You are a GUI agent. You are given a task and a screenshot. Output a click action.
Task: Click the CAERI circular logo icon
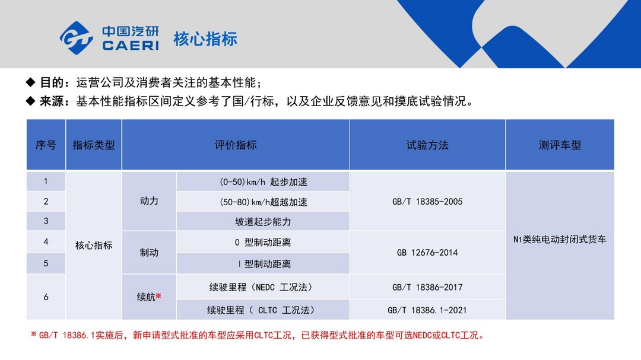tap(76, 38)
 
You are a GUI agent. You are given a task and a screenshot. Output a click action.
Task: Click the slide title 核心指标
tap(205, 39)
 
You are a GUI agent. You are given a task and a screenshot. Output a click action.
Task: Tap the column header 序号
tap(46, 145)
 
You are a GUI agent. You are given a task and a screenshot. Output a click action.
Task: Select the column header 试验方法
tap(427, 145)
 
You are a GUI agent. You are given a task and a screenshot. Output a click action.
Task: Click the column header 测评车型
tap(560, 145)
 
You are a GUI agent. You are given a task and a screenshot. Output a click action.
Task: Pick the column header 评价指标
tap(236, 145)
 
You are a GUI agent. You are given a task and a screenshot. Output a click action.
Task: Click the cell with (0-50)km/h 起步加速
tap(264, 182)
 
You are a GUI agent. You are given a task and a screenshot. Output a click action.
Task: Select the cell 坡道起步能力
tap(263, 221)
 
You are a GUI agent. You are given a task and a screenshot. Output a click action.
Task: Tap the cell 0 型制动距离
tap(263, 243)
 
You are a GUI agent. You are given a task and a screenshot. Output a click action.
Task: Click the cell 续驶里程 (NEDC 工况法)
tap(262, 287)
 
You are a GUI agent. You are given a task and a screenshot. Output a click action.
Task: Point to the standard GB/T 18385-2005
tap(427, 202)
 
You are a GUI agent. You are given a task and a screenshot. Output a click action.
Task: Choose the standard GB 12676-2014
tap(427, 253)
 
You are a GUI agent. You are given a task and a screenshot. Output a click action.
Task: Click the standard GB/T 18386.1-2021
tap(427, 310)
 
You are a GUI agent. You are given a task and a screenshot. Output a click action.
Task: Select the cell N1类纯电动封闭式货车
tap(560, 240)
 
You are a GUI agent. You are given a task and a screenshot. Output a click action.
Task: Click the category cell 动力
tap(149, 201)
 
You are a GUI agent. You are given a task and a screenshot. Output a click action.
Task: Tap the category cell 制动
tap(149, 253)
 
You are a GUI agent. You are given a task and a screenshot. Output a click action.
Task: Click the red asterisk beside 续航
tap(158, 295)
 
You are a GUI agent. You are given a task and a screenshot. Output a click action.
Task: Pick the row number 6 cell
tap(46, 297)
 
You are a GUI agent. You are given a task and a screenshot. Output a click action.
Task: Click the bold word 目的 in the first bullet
tap(51, 82)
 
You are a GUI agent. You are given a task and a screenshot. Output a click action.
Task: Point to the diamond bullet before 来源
tap(31, 100)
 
